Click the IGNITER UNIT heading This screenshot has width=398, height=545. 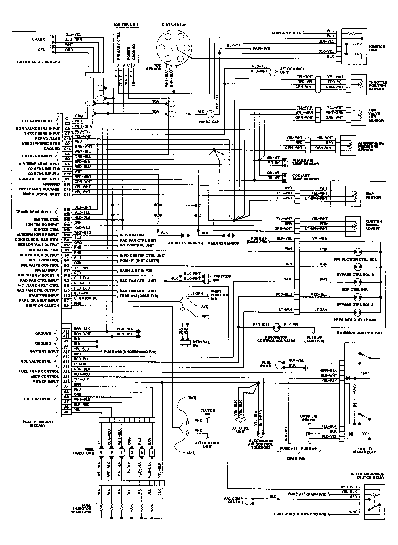coord(126,25)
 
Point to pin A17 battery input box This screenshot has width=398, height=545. coord(67,351)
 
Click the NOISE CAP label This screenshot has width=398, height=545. coord(209,122)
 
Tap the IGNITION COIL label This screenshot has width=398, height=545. coord(377,48)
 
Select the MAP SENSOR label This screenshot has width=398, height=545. coord(373,196)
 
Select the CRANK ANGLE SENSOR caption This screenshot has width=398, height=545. coord(38,62)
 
